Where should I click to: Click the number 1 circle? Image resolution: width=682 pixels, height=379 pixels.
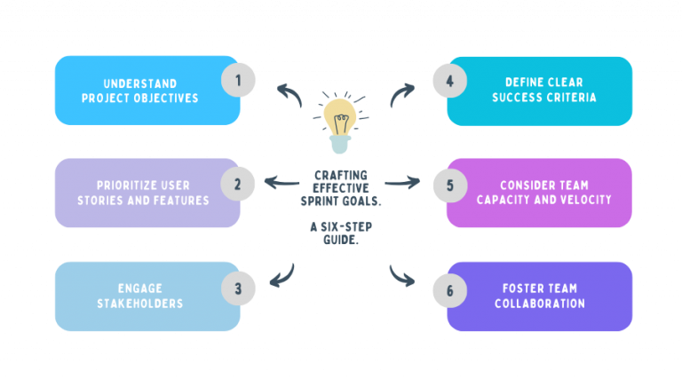pyautogui.click(x=237, y=81)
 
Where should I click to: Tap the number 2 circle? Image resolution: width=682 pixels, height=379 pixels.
pyautogui.click(x=237, y=185)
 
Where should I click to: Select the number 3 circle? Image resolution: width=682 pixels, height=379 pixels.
pyautogui.click(x=237, y=288)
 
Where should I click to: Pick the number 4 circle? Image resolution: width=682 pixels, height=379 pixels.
pyautogui.click(x=449, y=81)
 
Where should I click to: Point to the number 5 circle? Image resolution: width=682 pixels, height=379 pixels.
pyautogui.click(x=449, y=185)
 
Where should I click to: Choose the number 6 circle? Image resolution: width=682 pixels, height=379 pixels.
pyautogui.click(x=449, y=288)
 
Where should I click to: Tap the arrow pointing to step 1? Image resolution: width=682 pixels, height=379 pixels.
pyautogui.click(x=288, y=91)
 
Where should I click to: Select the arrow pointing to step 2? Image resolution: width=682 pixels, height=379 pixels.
pyautogui.click(x=282, y=184)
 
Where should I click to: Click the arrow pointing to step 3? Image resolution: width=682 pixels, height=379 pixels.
pyautogui.click(x=283, y=275)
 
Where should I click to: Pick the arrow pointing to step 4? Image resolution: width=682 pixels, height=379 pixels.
pyautogui.click(x=400, y=93)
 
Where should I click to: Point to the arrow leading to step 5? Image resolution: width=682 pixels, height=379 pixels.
pyautogui.click(x=401, y=184)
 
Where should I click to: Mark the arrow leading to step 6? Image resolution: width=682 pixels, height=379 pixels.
pyautogui.click(x=401, y=275)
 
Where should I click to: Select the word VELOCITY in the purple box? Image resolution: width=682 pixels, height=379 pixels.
pyautogui.click(x=582, y=200)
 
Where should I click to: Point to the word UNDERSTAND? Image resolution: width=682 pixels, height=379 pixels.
pyautogui.click(x=121, y=83)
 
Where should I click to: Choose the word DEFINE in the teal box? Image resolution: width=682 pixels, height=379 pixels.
pyautogui.click(x=515, y=83)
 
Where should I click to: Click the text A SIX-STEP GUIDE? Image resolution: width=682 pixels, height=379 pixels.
pyautogui.click(x=341, y=233)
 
